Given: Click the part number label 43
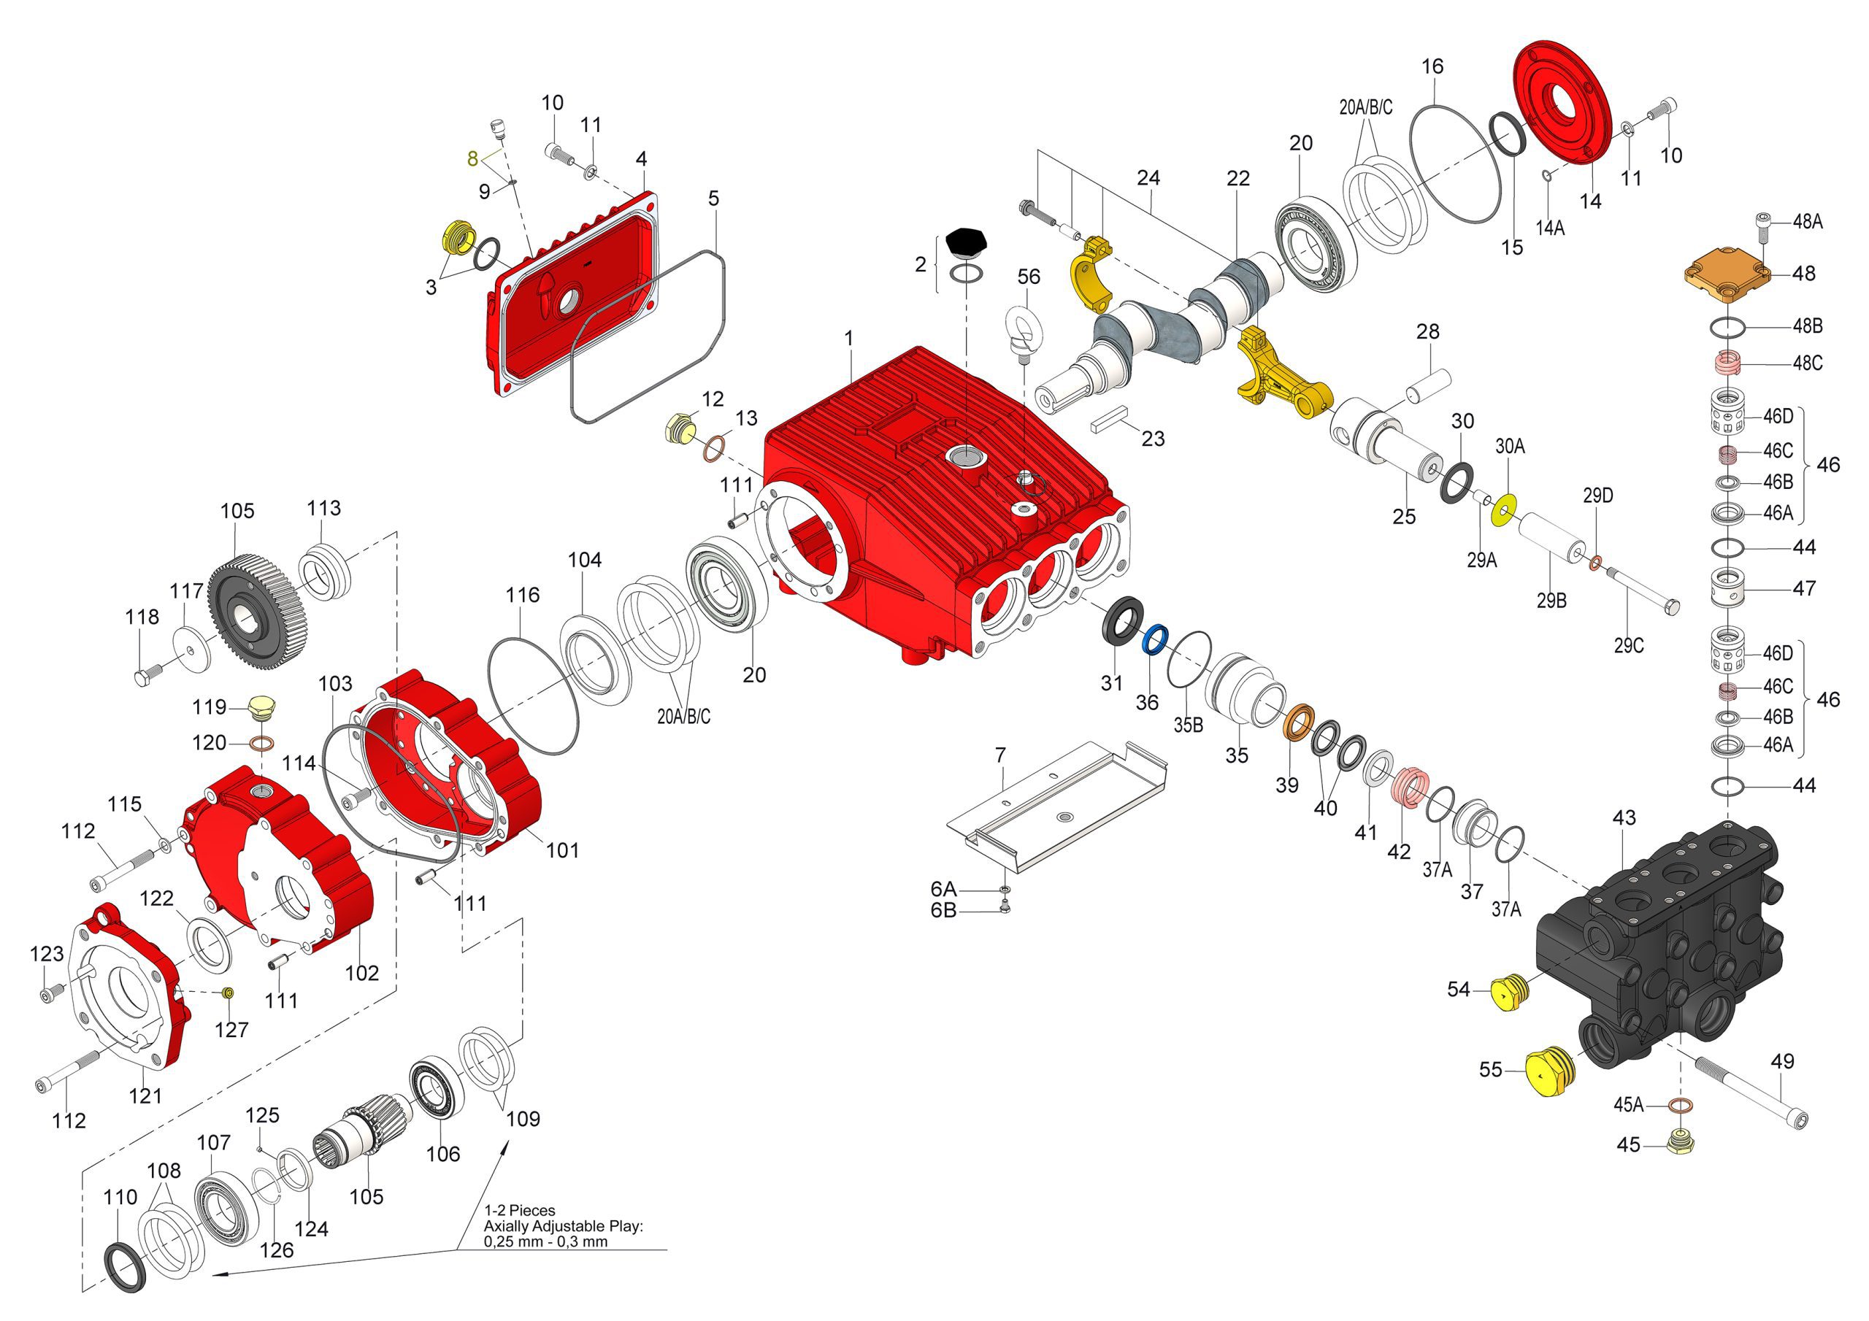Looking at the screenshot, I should [1623, 818].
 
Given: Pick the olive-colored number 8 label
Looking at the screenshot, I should [472, 158].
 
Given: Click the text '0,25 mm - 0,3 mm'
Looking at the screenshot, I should [545, 1242].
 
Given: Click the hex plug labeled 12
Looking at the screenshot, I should [678, 428].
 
